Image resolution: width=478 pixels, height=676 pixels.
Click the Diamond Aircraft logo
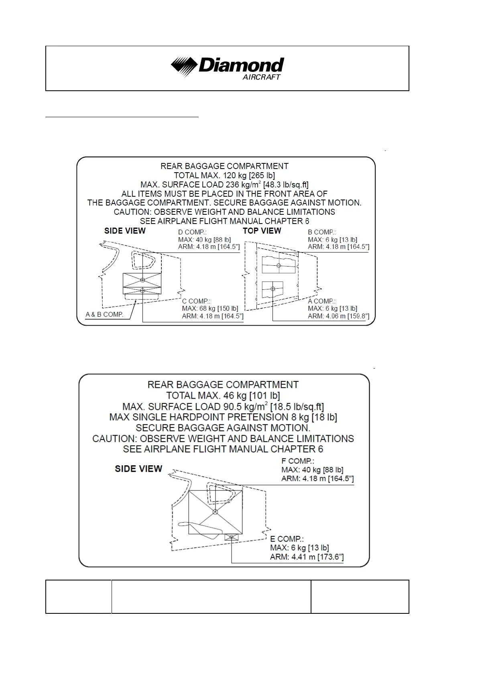[x=227, y=67]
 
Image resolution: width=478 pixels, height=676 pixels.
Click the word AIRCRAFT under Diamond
[x=261, y=77]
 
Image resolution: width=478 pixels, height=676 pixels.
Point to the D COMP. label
[x=192, y=232]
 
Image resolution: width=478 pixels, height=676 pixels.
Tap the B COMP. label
[x=321, y=232]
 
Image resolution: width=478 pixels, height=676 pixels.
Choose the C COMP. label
[x=196, y=301]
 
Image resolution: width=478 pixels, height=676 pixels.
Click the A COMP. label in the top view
[x=321, y=301]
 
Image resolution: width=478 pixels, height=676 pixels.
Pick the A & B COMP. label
[x=104, y=314]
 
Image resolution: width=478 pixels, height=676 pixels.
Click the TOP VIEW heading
[x=262, y=231]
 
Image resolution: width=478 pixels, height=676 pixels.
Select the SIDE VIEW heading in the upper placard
[x=125, y=231]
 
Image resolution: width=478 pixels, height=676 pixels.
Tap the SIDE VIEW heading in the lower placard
[x=138, y=469]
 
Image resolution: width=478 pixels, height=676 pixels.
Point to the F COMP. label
[x=297, y=461]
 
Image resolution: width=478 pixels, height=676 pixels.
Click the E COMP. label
[x=287, y=539]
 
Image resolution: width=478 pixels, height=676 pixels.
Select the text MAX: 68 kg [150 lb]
[x=210, y=308]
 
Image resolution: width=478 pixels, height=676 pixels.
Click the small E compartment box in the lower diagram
[x=232, y=537]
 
